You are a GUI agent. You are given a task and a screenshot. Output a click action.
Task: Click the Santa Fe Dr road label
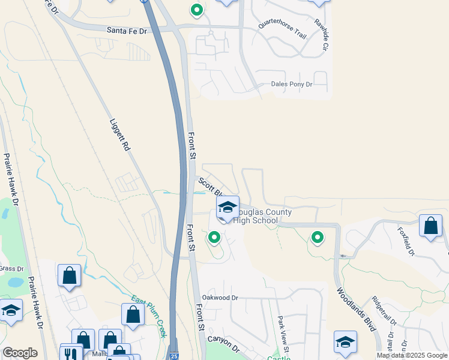[127, 30]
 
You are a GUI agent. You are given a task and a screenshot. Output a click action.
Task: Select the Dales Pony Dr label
[292, 85]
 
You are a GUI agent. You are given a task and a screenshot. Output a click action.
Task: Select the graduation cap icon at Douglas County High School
[228, 208]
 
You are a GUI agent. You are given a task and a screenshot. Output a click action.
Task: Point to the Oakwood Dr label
[220, 298]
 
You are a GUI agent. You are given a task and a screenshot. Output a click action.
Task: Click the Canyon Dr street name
[224, 343]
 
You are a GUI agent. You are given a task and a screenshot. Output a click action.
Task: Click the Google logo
[20, 353]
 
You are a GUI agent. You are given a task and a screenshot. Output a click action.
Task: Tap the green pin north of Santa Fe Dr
[197, 10]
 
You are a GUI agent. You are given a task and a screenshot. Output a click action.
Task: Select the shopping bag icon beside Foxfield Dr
[430, 226]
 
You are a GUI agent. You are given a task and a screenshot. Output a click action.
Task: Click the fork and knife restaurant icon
[71, 354]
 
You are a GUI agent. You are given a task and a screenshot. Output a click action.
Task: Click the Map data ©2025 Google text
[411, 355]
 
